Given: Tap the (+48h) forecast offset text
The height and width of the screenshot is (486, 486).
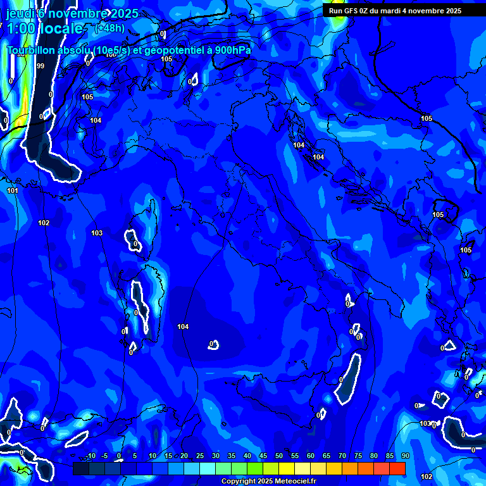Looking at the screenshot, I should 109,28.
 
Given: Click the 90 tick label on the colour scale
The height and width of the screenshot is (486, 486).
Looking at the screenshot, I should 405,456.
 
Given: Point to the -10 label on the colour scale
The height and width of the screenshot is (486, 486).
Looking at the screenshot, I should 90,456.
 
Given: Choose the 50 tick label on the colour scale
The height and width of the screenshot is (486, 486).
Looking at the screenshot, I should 279,456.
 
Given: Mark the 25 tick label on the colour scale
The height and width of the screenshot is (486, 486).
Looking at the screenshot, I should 200,456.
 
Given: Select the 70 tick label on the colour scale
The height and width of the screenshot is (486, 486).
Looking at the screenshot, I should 342,456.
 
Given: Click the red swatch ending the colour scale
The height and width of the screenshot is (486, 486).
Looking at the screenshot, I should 397,468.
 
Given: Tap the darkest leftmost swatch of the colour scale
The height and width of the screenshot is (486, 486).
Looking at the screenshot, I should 80,468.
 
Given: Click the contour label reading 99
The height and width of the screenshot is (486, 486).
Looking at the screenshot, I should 40,66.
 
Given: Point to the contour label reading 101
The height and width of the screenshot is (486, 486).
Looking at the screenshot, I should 13,190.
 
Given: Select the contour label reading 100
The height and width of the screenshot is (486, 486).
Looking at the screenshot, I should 111,55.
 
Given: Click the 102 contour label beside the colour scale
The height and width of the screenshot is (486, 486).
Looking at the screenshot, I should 427,477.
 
